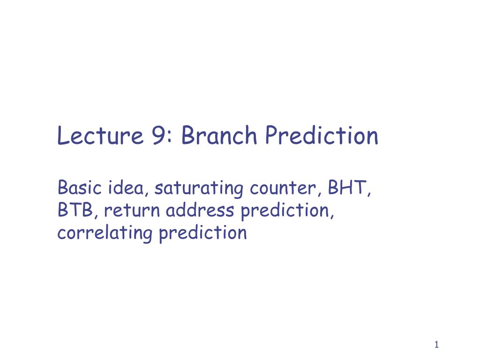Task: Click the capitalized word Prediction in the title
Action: tap(321, 136)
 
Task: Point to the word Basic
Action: tap(80, 188)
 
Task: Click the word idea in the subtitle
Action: tap(129, 188)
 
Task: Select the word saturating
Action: tap(199, 189)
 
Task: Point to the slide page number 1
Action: tap(436, 345)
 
